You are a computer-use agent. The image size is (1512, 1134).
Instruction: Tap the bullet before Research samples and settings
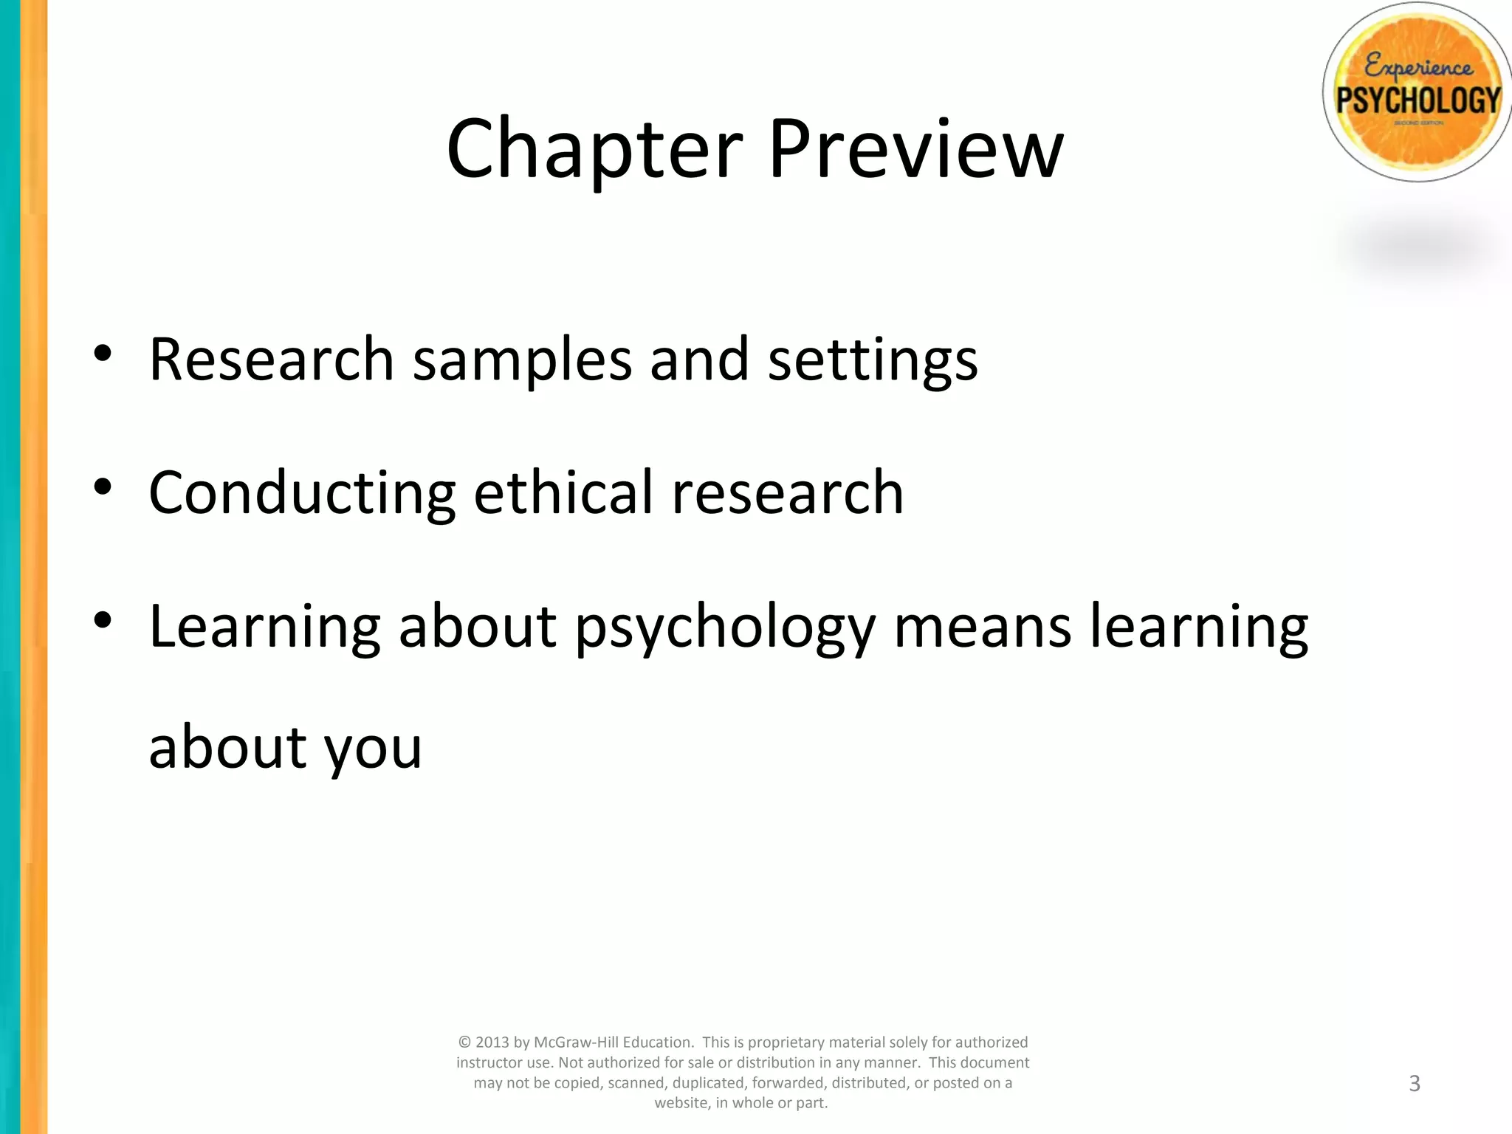pos(103,353)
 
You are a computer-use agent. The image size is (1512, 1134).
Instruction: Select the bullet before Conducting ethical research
pos(103,487)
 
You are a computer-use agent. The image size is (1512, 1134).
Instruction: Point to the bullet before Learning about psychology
pos(103,620)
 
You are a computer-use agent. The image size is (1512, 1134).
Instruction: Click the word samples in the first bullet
pos(522,360)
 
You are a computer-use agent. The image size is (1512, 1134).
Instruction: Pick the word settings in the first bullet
pos(873,360)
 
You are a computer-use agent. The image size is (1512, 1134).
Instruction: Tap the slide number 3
pos(1415,1083)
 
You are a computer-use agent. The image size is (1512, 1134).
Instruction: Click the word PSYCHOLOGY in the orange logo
pos(1418,100)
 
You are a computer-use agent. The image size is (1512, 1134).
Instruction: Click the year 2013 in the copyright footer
pos(492,1042)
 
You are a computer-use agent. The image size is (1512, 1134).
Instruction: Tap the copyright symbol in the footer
pos(464,1042)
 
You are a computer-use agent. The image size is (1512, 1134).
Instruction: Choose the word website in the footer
pos(681,1103)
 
